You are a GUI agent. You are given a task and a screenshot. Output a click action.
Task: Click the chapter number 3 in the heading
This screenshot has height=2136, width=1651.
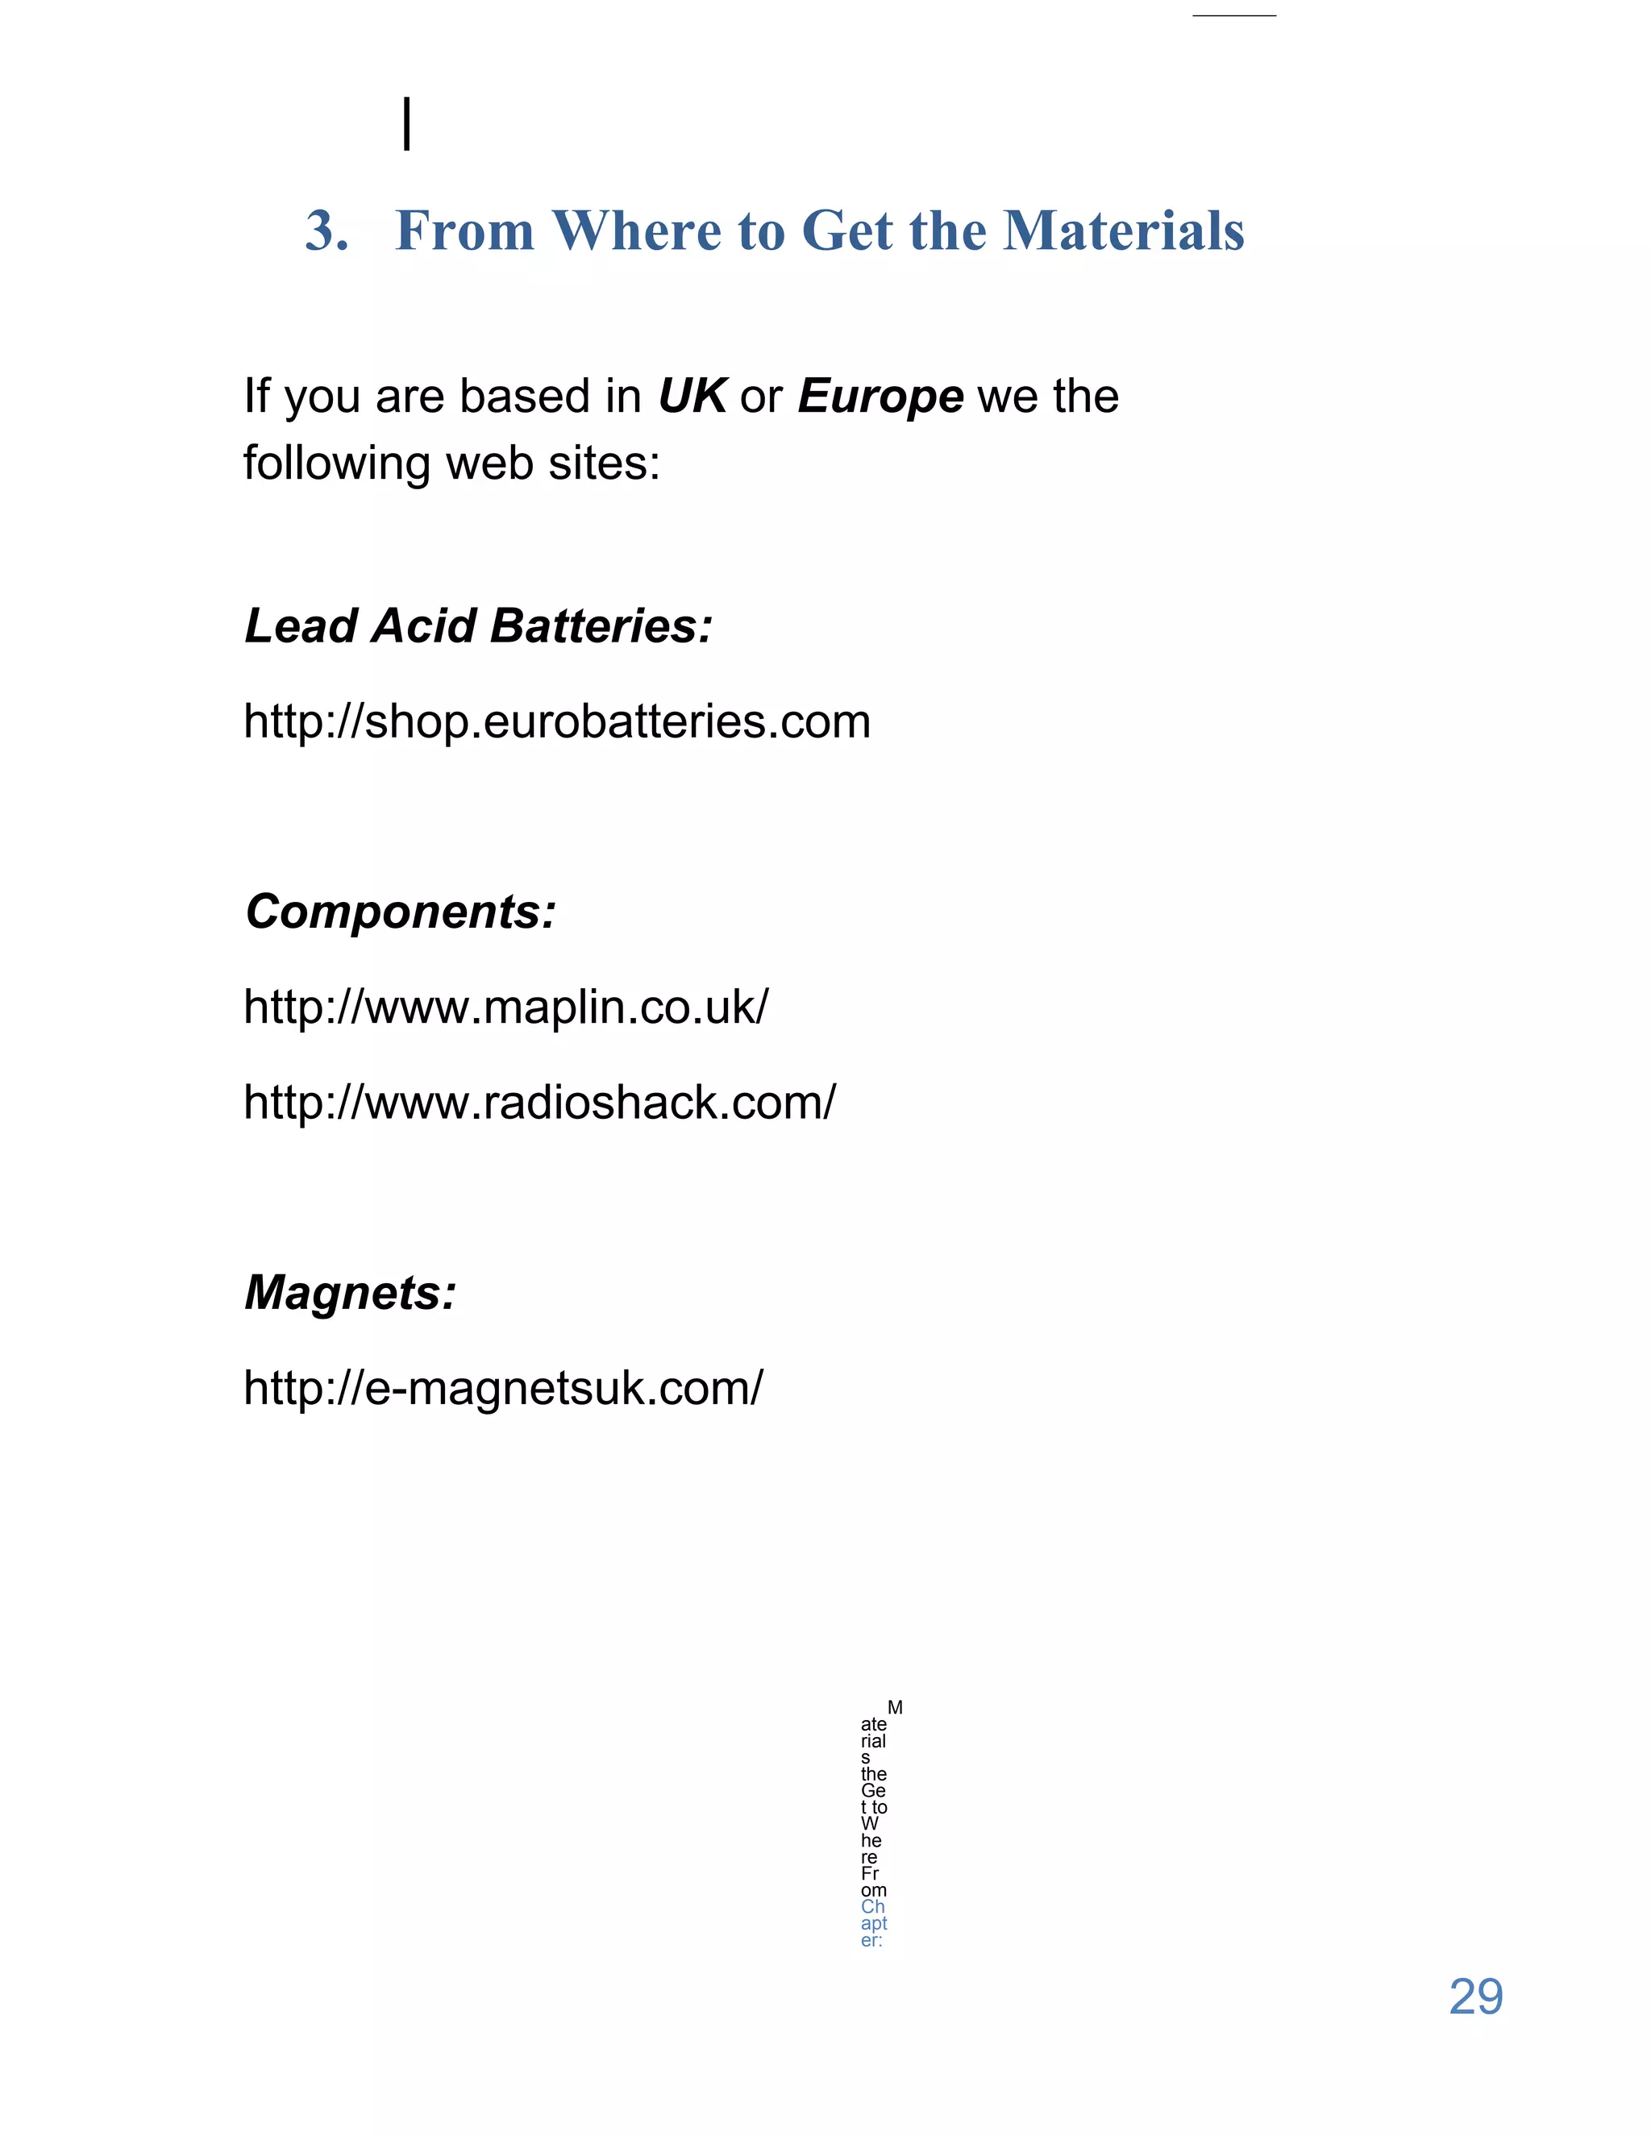click(325, 232)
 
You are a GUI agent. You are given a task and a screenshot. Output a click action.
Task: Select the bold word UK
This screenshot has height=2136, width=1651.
click(692, 396)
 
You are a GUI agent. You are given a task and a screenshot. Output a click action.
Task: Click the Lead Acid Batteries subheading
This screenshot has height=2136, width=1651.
click(478, 626)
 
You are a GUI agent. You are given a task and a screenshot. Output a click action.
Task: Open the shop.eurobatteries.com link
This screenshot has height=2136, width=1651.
click(556, 721)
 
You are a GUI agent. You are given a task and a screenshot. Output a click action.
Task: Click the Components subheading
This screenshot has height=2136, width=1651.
click(401, 912)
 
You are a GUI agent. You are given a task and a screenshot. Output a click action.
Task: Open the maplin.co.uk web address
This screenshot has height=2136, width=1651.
click(505, 1008)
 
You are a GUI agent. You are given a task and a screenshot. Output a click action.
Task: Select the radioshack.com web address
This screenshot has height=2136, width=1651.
click(540, 1102)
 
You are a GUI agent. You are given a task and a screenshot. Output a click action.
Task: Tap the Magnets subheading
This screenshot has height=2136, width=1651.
click(350, 1293)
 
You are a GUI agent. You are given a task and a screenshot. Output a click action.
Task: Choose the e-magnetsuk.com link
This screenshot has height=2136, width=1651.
click(503, 1388)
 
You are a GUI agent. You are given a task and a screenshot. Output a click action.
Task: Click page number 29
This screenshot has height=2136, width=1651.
click(1475, 1997)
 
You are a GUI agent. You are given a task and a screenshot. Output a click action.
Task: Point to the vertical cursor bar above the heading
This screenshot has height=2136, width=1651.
click(407, 124)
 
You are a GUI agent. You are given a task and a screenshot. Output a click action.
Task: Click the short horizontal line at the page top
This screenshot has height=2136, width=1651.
click(1233, 15)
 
